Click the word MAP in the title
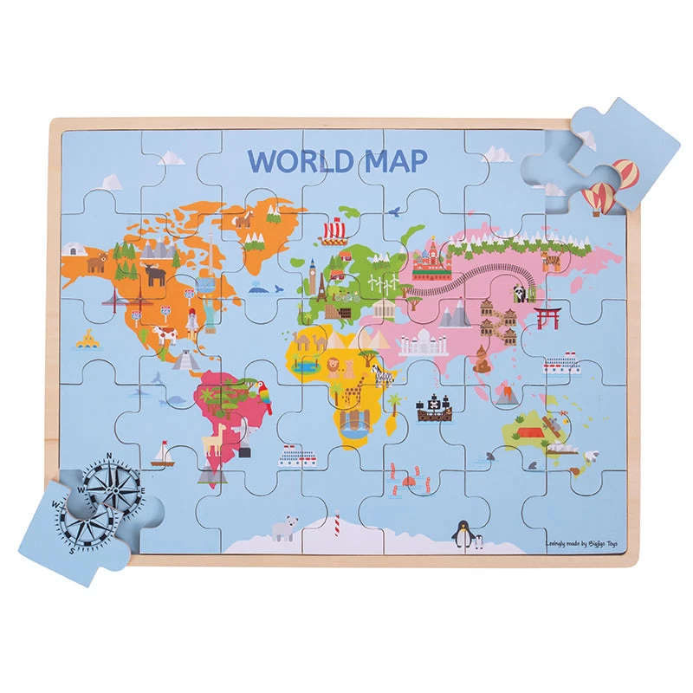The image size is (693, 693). (x=390, y=161)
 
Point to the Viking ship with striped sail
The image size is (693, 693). (x=334, y=230)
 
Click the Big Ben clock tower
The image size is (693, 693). (x=312, y=275)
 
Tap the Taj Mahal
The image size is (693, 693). (x=424, y=340)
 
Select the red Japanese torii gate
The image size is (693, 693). (x=547, y=317)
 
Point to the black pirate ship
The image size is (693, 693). (x=433, y=409)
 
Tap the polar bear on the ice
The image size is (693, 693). (x=283, y=528)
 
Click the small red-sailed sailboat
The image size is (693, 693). (x=163, y=454)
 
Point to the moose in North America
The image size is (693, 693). (x=155, y=274)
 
